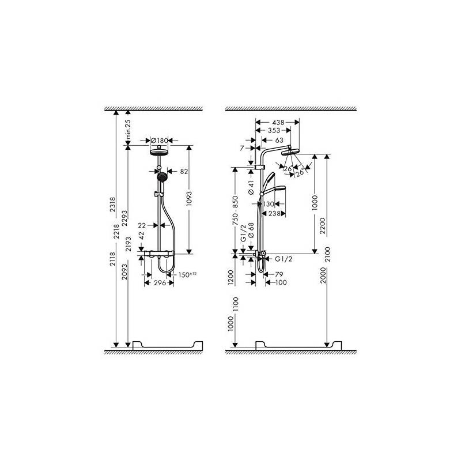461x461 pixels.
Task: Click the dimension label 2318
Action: [112, 205]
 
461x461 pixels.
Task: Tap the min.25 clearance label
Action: [128, 130]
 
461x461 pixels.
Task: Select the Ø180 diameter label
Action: [159, 141]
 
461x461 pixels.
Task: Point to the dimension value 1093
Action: [189, 198]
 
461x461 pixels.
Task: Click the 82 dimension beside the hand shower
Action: [184, 171]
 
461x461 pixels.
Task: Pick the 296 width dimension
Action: [160, 283]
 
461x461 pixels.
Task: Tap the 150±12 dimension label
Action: [187, 275]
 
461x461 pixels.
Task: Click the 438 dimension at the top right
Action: [278, 122]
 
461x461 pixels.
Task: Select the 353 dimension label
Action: [274, 131]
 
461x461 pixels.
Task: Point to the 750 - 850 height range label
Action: [235, 211]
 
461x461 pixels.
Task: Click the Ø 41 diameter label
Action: [251, 188]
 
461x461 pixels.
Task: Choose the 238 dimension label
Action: [275, 213]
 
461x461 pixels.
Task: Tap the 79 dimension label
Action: [279, 274]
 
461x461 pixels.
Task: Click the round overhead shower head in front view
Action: [159, 152]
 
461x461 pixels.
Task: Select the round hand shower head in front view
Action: [162, 176]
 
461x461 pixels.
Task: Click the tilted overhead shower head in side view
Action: [290, 152]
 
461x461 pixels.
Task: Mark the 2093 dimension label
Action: [125, 271]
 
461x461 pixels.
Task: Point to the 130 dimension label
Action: [269, 204]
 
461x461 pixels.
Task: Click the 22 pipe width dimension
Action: [142, 225]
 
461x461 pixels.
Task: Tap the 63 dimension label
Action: [279, 141]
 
